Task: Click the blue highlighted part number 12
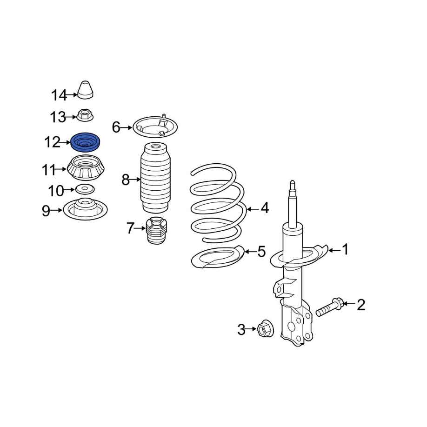tap(85, 142)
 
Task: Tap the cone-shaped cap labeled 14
tap(85, 90)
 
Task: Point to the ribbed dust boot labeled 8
tap(155, 178)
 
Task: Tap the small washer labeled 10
tap(84, 189)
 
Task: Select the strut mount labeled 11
tap(86, 168)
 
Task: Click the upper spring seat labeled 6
tap(155, 127)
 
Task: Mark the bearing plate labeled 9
tap(85, 209)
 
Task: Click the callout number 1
tap(345, 249)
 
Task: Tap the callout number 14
tap(59, 95)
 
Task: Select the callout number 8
tap(126, 180)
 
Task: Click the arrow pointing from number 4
tap(252, 209)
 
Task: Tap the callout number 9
tap(46, 211)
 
